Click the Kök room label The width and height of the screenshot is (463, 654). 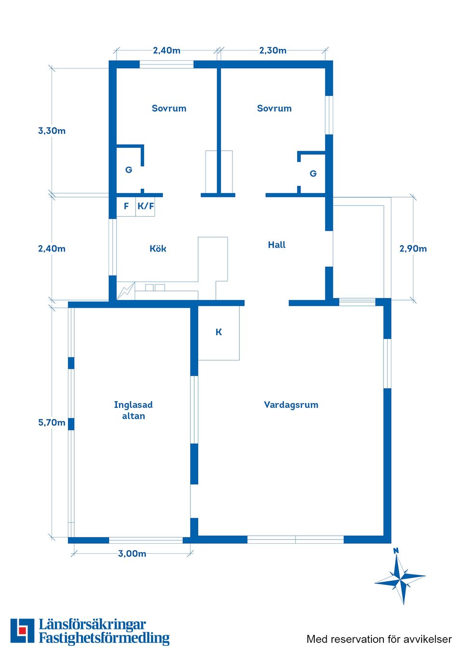coord(158,249)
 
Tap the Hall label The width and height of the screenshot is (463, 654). coord(276,245)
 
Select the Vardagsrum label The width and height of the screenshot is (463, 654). coord(291,405)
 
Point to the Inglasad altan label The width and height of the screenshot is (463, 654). coord(133,410)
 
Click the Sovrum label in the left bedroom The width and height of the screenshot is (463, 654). coord(169,108)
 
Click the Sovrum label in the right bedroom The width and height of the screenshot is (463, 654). coord(274,108)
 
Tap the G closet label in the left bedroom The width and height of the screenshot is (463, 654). coord(129,170)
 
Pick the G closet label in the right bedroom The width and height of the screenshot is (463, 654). coord(313,173)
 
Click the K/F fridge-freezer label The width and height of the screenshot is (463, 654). coord(146,206)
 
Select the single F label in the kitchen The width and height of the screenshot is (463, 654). coord(126,206)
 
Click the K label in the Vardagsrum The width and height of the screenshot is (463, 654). coord(218,332)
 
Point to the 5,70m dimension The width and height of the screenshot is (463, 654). coord(52,422)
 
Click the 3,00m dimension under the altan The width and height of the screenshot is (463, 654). coord(132,553)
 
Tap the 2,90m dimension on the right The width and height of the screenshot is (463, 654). coord(413,249)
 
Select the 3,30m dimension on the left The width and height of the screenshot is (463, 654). coord(52,131)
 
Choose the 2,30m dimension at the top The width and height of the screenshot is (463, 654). coord(272,51)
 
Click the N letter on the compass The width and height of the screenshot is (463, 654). coord(396,551)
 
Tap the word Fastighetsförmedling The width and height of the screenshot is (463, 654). coord(104,638)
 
